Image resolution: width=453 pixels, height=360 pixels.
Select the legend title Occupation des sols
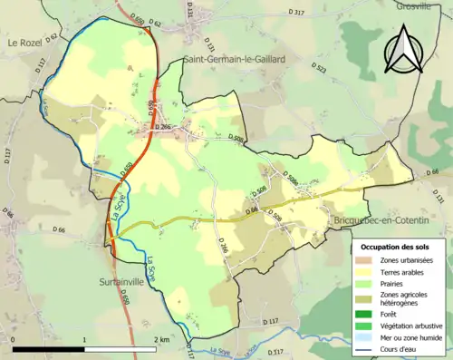point(398,246)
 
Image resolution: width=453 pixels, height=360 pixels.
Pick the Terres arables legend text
point(406,271)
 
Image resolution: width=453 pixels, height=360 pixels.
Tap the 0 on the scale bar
point(13,338)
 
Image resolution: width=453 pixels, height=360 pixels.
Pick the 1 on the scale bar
point(85,338)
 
